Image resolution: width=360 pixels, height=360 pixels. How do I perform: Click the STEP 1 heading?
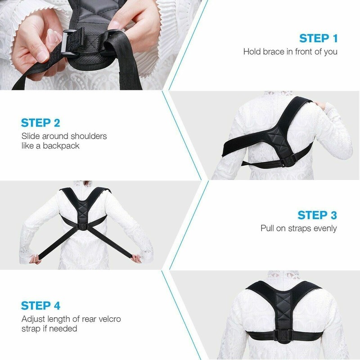point(318,38)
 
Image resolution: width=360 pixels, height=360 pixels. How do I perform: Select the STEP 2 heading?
point(40,122)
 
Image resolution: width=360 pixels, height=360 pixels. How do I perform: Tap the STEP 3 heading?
point(318,215)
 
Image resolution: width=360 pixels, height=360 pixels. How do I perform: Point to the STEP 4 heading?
point(40,306)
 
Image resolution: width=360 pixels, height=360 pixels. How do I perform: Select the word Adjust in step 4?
point(34,319)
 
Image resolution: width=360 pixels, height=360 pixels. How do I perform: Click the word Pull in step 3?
point(268,228)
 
